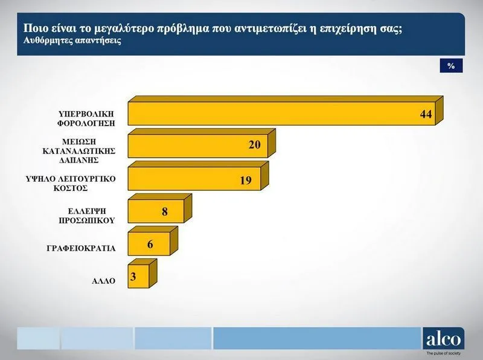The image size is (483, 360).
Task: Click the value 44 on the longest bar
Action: [426, 114]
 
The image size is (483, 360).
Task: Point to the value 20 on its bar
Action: [255, 144]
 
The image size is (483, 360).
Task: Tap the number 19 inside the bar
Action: [246, 181]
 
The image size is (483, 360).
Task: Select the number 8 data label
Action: [165, 212]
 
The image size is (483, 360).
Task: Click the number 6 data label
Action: [150, 245]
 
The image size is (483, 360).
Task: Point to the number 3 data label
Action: [133, 277]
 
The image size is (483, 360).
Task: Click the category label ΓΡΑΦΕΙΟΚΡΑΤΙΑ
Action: [81, 248]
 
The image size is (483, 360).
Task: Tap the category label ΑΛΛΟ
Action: [103, 281]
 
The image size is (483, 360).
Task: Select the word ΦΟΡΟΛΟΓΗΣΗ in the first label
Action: [86, 123]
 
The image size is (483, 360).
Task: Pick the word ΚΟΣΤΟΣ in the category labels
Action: [71, 188]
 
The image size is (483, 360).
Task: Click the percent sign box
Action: [451, 66]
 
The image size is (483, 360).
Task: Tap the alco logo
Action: [444, 339]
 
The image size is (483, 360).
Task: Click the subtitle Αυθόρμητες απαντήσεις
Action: [72, 40]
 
